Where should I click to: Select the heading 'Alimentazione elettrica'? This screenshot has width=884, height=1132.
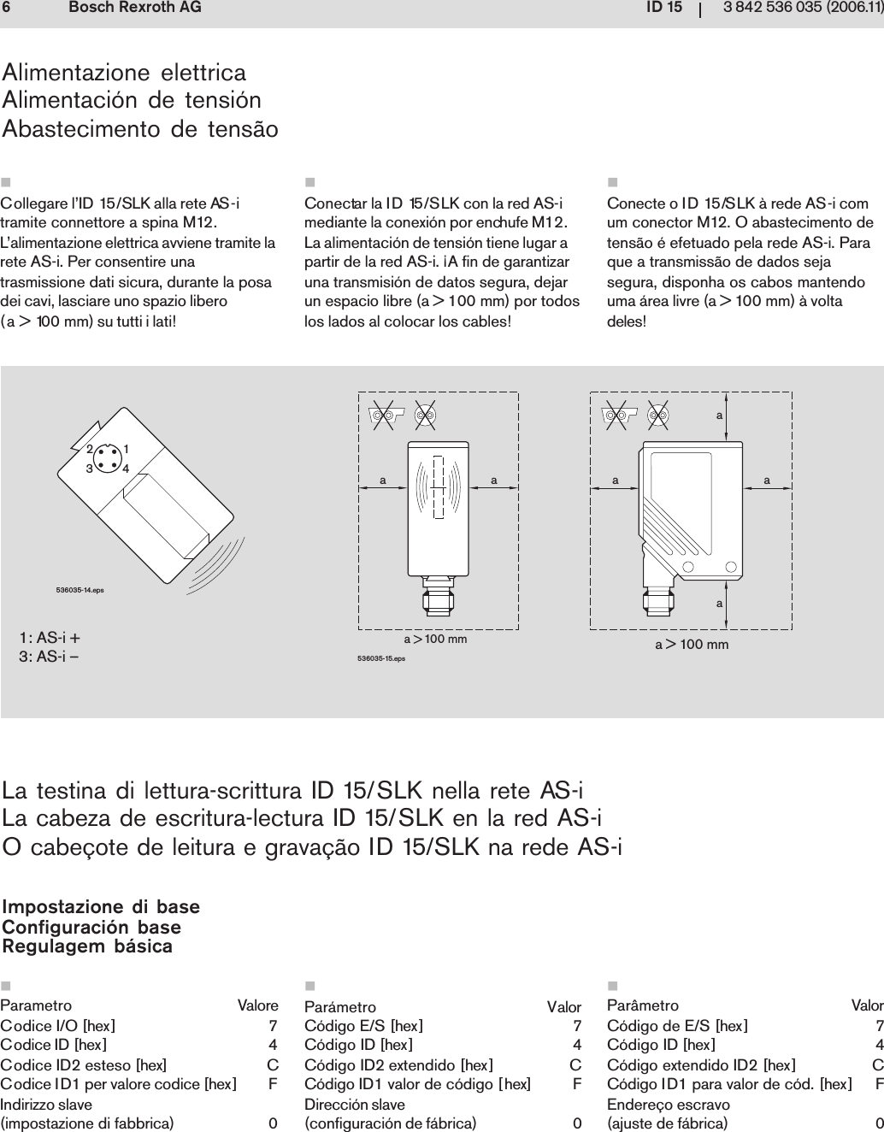pyautogui.click(x=125, y=72)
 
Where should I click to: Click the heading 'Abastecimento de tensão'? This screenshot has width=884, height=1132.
pyautogui.click(x=141, y=130)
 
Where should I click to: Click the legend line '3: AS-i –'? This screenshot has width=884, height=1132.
pyautogui.click(x=50, y=656)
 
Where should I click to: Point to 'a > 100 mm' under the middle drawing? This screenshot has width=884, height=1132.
pyautogui.click(x=435, y=639)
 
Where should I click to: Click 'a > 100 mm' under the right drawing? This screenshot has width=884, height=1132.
pyautogui.click(x=692, y=644)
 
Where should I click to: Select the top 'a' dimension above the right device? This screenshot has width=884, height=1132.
pyautogui.click(x=720, y=413)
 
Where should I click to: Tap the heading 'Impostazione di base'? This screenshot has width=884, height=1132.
pyautogui.click(x=102, y=906)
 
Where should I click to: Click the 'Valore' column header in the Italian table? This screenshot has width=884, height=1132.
pyautogui.click(x=257, y=1005)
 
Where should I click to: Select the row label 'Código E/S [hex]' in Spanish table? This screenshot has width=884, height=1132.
pyautogui.click(x=363, y=1025)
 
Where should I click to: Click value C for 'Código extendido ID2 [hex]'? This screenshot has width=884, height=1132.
pyautogui.click(x=877, y=1064)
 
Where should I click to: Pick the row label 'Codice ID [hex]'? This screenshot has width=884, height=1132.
pyautogui.click(x=54, y=1044)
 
